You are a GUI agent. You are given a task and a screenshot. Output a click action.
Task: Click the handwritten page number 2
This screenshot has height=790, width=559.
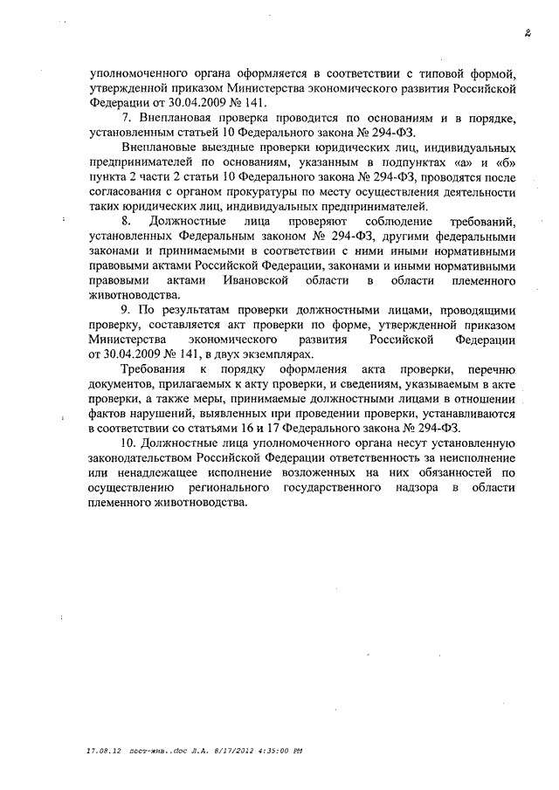pos(528,34)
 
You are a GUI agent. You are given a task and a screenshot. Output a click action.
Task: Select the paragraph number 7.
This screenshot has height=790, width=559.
pos(128,118)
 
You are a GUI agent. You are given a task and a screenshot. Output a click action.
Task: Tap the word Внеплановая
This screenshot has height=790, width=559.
pos(175,118)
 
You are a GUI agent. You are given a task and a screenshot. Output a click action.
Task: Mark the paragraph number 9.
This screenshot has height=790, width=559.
pos(128,310)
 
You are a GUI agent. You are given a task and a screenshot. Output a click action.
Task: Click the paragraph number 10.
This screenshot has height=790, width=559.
pos(131,443)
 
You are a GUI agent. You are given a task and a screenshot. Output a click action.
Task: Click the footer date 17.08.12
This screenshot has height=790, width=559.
pos(103,749)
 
